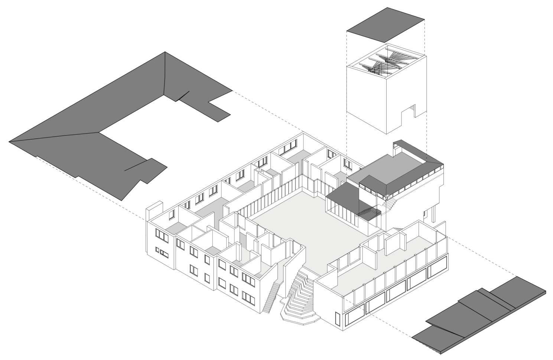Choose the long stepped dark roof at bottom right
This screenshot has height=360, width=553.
[x=483, y=315]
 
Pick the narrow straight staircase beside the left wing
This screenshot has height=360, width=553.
[x=270, y=297]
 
